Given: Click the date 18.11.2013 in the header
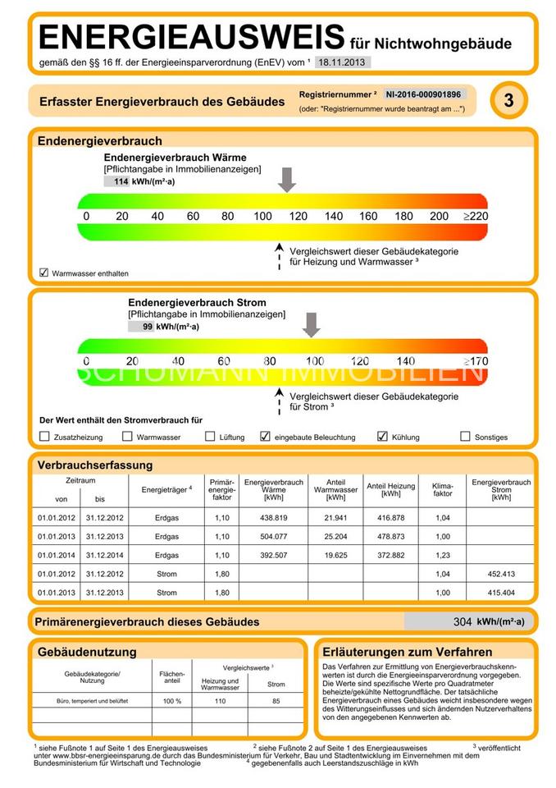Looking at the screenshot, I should click(x=344, y=62).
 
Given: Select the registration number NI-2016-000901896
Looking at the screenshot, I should click(x=423, y=94).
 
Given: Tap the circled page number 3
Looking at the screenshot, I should click(x=509, y=101).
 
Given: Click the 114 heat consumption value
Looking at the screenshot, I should click(x=121, y=181).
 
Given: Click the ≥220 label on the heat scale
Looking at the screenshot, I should click(x=474, y=216).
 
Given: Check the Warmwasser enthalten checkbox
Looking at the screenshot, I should click(x=44, y=272).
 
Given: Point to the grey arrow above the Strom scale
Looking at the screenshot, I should click(x=311, y=324).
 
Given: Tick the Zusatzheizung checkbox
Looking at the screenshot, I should click(x=45, y=437).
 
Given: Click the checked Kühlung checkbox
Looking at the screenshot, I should click(x=382, y=437).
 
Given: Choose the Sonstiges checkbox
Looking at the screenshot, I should click(x=466, y=437).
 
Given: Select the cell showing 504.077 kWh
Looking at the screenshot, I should click(x=273, y=538).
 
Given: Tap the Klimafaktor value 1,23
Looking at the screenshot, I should click(x=442, y=556).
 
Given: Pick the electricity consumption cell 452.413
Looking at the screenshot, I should click(x=501, y=574).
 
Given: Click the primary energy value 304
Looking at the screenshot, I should click(x=463, y=621).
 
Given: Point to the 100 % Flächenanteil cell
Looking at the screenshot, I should click(x=172, y=702).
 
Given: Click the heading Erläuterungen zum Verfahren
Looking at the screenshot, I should click(x=408, y=652).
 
